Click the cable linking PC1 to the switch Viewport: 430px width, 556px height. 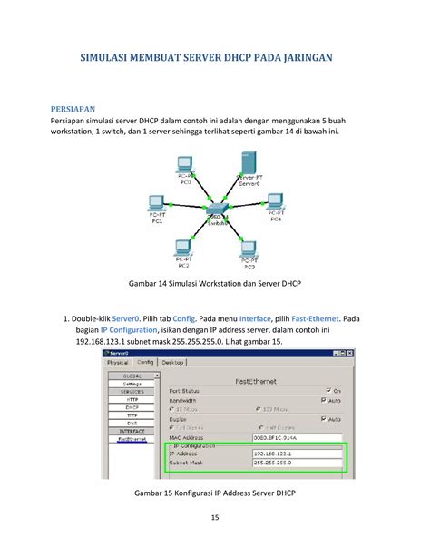pos(186,210)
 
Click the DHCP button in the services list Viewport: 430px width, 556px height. pos(132,408)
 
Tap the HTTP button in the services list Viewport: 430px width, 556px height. pos(132,400)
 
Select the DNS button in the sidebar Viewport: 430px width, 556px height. pos(132,424)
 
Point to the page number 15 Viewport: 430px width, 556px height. pos(215,518)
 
